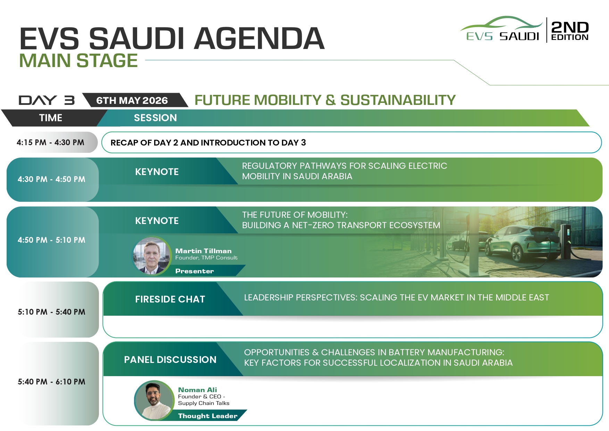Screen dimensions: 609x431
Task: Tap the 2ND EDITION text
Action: click(570, 31)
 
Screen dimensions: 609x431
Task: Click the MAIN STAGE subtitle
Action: click(78, 61)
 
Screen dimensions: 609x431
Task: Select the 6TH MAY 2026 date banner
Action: click(132, 100)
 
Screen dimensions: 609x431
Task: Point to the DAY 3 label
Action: click(47, 100)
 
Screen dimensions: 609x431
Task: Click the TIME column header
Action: click(51, 118)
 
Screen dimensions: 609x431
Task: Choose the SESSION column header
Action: click(155, 118)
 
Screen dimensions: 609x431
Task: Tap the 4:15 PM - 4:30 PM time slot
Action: click(50, 142)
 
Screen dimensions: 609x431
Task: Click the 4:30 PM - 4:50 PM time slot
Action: click(51, 179)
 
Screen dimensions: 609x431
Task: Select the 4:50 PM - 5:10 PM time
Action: click(51, 240)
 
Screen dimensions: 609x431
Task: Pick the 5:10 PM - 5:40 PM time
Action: click(51, 312)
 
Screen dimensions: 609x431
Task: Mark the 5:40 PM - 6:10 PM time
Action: click(51, 382)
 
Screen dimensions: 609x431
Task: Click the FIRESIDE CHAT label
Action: click(170, 299)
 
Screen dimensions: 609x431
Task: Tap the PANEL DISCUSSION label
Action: click(170, 360)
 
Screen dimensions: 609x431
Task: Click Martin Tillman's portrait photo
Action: click(152, 256)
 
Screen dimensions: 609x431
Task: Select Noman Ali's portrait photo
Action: click(154, 400)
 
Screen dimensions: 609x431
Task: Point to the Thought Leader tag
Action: click(208, 416)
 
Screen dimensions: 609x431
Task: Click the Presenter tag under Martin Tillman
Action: click(194, 271)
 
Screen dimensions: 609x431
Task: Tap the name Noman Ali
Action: click(198, 390)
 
